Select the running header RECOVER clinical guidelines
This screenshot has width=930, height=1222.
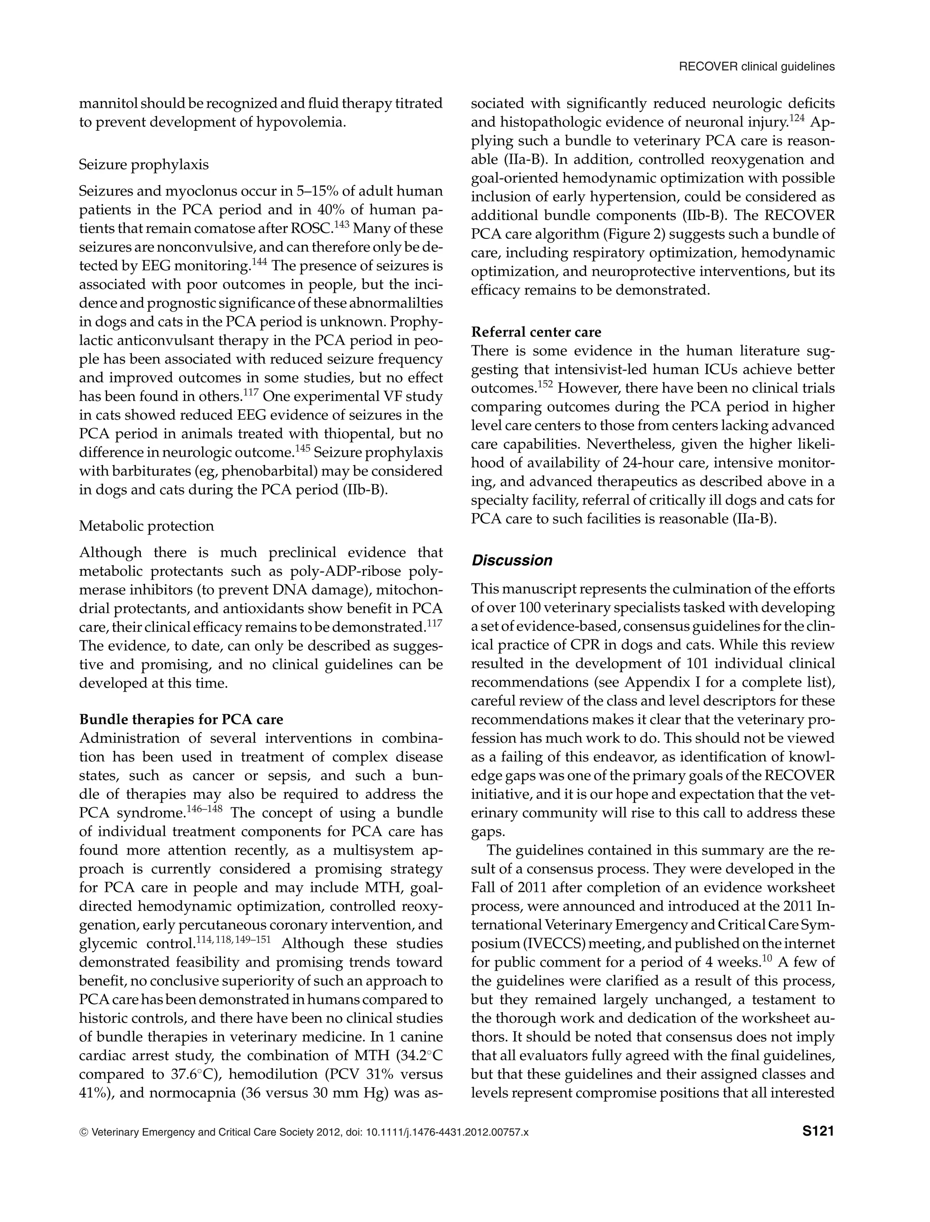[x=756, y=67]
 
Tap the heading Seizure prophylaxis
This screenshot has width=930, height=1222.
[x=144, y=164]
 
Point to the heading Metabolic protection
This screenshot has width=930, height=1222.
[x=146, y=526]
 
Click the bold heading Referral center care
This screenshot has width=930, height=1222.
[x=535, y=332]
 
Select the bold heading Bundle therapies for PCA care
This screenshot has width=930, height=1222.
[x=181, y=719]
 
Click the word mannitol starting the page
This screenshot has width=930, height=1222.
[x=109, y=104]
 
